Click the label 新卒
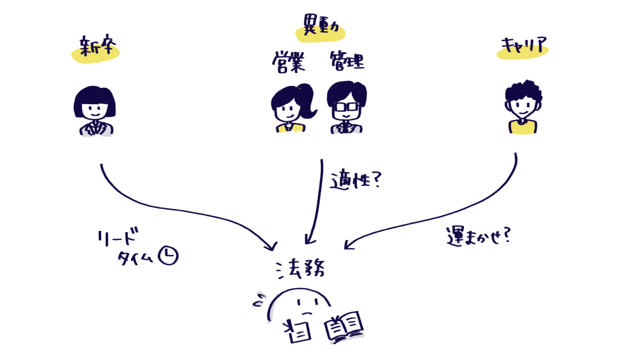click(x=98, y=45)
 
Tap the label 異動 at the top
click(x=321, y=25)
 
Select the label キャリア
click(x=524, y=45)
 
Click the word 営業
click(x=289, y=62)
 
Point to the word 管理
click(x=347, y=61)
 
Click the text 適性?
click(x=356, y=181)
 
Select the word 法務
click(x=300, y=269)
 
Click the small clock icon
click(x=169, y=255)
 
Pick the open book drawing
click(x=344, y=326)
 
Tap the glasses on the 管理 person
click(x=346, y=107)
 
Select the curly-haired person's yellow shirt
click(x=523, y=127)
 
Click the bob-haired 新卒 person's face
click(x=95, y=110)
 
